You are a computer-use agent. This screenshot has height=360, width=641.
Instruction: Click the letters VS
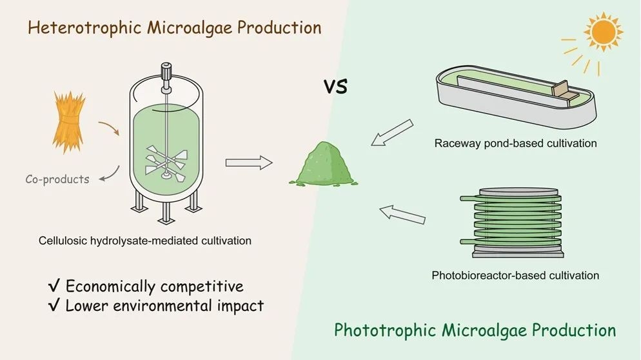coord(335,86)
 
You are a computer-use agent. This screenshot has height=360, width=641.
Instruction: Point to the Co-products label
coord(57,179)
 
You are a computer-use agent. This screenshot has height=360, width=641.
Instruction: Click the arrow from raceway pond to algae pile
coord(393,134)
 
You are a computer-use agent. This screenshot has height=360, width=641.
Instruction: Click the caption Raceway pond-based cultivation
coord(515,143)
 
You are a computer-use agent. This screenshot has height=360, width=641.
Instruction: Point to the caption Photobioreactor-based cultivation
coord(515,275)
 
